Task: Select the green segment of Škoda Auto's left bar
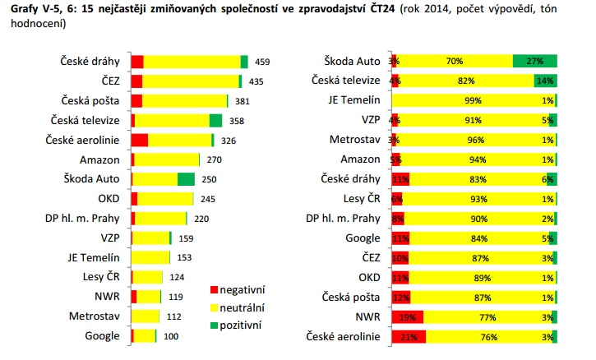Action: click(186, 179)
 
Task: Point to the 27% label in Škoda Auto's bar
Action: click(535, 61)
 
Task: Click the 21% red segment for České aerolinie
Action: click(409, 336)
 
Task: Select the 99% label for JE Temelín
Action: click(472, 100)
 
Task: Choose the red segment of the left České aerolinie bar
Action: click(139, 140)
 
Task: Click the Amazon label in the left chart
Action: click(99, 159)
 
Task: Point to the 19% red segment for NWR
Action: click(407, 316)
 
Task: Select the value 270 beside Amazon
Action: click(214, 159)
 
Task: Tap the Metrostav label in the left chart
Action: click(95, 316)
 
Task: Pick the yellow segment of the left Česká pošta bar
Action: click(184, 100)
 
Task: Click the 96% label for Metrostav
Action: click(472, 140)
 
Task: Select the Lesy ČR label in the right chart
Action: click(362, 198)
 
